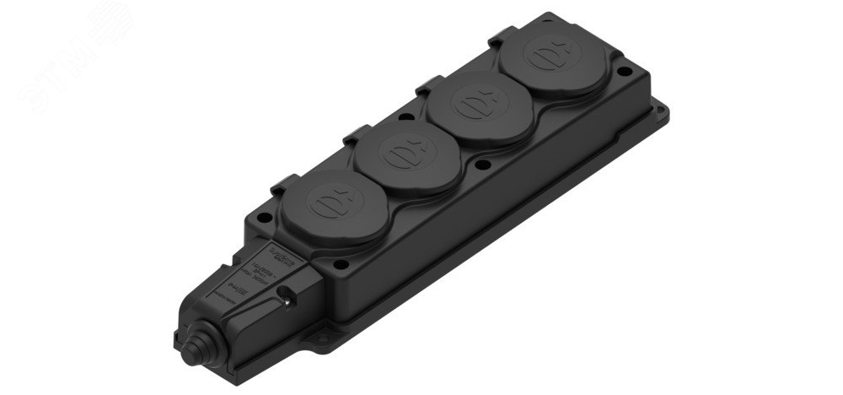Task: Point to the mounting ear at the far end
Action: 663,111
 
